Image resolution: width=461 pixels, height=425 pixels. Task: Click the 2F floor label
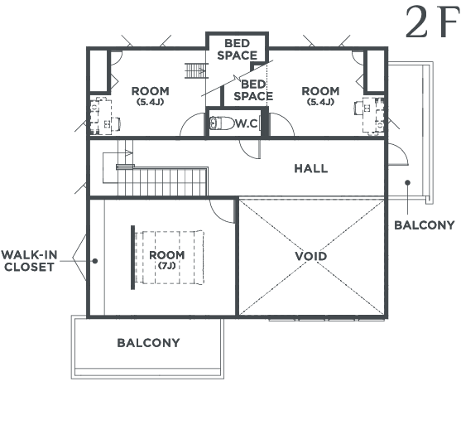(432, 22)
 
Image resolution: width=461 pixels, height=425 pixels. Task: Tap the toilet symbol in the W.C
(222, 123)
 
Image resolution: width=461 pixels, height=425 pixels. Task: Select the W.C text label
(247, 123)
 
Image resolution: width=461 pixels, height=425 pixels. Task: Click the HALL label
(311, 169)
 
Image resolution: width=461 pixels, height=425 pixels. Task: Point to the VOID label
(311, 256)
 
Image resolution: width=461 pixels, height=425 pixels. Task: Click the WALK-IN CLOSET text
(29, 261)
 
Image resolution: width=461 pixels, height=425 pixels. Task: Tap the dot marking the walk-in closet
(95, 261)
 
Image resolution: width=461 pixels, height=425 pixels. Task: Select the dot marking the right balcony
(407, 183)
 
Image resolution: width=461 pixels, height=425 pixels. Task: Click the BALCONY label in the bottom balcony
(148, 343)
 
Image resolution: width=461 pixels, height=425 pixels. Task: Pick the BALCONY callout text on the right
(425, 225)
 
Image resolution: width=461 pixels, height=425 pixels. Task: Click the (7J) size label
(167, 265)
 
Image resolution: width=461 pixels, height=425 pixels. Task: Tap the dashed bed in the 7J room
(170, 258)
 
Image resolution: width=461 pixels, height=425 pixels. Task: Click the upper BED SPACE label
(237, 50)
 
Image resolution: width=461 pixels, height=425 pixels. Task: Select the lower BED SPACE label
(253, 90)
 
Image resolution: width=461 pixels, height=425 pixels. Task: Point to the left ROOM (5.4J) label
(151, 95)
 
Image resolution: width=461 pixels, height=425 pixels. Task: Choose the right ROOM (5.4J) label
(320, 95)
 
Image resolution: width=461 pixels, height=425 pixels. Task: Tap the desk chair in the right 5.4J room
(359, 108)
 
